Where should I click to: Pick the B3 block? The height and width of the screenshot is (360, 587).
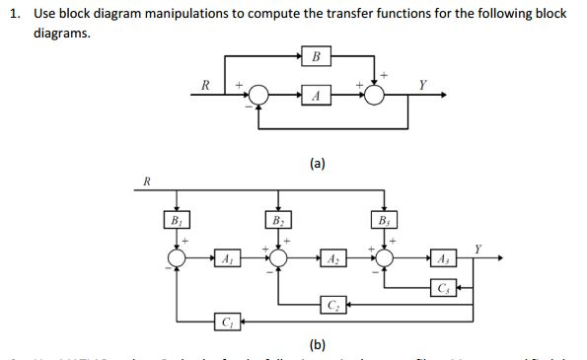click(x=384, y=220)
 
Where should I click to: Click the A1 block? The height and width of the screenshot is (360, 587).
click(x=228, y=259)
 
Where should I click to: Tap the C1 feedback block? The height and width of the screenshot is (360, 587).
click(x=228, y=321)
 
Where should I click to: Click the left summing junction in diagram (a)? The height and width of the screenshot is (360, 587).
click(x=259, y=95)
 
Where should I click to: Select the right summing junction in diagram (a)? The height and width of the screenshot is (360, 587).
click(x=376, y=95)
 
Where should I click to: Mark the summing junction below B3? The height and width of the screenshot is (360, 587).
click(x=385, y=259)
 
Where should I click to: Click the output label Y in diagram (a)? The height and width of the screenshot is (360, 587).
click(x=423, y=83)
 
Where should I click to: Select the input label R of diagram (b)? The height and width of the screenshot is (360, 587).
click(x=147, y=180)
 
